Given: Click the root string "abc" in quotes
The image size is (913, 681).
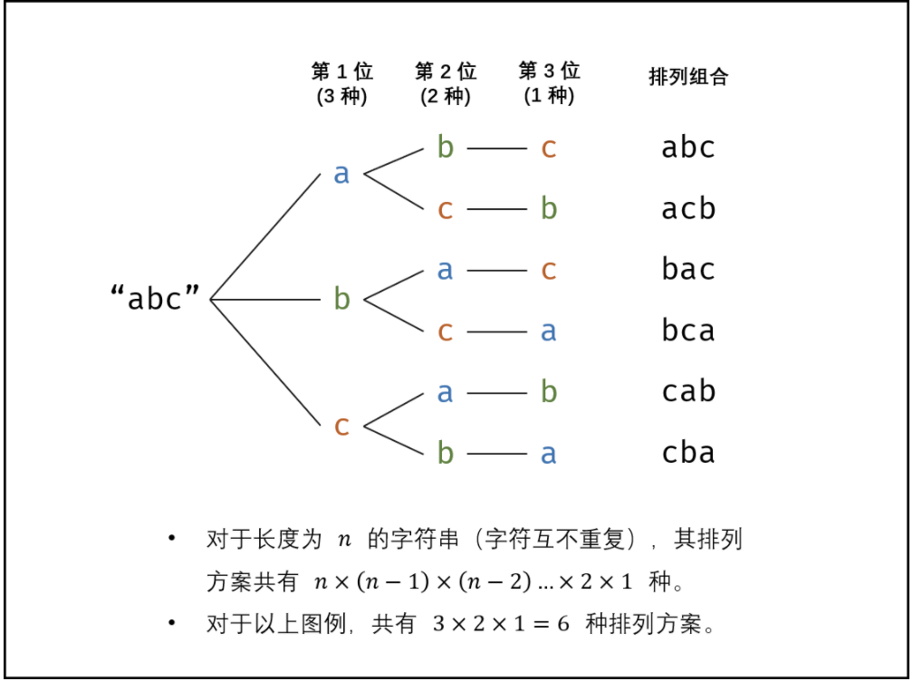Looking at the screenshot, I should point(155,298).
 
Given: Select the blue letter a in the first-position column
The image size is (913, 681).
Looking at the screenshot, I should point(341,174).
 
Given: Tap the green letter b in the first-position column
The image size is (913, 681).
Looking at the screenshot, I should point(341,298).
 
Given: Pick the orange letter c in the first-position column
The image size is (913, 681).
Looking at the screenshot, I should point(341,425).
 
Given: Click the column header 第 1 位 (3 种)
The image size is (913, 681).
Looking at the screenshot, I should point(341,83).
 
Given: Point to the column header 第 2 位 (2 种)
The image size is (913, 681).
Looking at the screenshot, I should point(446,83).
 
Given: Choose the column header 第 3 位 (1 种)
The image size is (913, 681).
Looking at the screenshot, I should point(549,83).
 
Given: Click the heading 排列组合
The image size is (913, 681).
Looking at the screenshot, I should point(688,77).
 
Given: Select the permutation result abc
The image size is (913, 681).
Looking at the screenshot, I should point(688,148).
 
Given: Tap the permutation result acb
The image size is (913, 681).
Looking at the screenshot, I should point(688,209).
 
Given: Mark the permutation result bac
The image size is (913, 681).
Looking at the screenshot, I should point(688,270).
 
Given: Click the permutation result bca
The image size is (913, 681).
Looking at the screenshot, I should point(688,331).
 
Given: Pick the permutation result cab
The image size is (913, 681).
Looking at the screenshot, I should point(688,392).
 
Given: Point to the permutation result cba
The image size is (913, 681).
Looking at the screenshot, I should point(688,453).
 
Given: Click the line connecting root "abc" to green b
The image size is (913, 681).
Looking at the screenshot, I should point(267,299).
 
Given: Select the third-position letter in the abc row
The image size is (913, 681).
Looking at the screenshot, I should point(548,148).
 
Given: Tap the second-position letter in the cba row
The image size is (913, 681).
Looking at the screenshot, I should point(445,453).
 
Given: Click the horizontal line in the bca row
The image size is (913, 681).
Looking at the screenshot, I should point(496,331).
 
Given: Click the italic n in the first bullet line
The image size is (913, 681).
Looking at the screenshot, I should point(343,541).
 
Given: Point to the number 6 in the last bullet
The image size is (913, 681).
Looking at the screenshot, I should point(562,624).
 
